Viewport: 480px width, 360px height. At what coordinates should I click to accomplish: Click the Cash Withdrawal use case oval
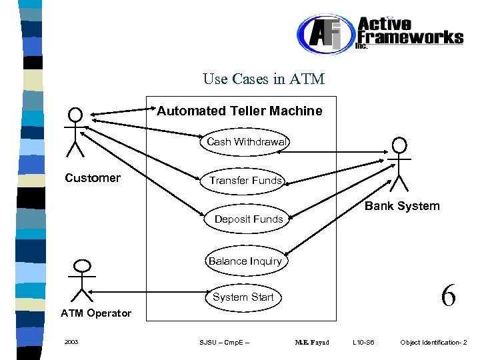[x=246, y=142]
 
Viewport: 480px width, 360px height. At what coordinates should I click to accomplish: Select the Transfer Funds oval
[x=245, y=181]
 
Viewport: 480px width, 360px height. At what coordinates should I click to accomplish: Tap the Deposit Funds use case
[x=248, y=219]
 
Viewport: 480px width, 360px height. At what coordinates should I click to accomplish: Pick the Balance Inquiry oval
[x=245, y=261]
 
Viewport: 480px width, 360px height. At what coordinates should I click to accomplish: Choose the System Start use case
[x=243, y=297]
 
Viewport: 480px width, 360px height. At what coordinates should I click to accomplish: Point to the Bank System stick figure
[x=399, y=163]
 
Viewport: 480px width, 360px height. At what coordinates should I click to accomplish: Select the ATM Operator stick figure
[x=82, y=280]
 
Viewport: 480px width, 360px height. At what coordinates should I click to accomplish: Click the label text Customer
[x=93, y=178]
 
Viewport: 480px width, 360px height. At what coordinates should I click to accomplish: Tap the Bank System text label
[x=402, y=206]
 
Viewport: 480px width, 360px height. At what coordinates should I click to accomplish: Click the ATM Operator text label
[x=96, y=313]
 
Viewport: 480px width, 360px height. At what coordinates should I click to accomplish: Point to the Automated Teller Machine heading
[x=239, y=111]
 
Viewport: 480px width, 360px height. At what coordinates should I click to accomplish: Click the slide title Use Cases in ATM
[x=263, y=79]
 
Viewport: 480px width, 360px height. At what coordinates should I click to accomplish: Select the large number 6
[x=448, y=295]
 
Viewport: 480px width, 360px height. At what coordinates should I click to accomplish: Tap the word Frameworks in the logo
[x=410, y=37]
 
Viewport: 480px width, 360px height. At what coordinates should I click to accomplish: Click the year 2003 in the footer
[x=71, y=343]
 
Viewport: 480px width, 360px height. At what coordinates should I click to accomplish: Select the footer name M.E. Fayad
[x=312, y=343]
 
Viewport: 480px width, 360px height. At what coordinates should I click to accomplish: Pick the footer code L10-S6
[x=364, y=343]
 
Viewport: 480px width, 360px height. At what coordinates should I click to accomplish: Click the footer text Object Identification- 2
[x=433, y=343]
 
